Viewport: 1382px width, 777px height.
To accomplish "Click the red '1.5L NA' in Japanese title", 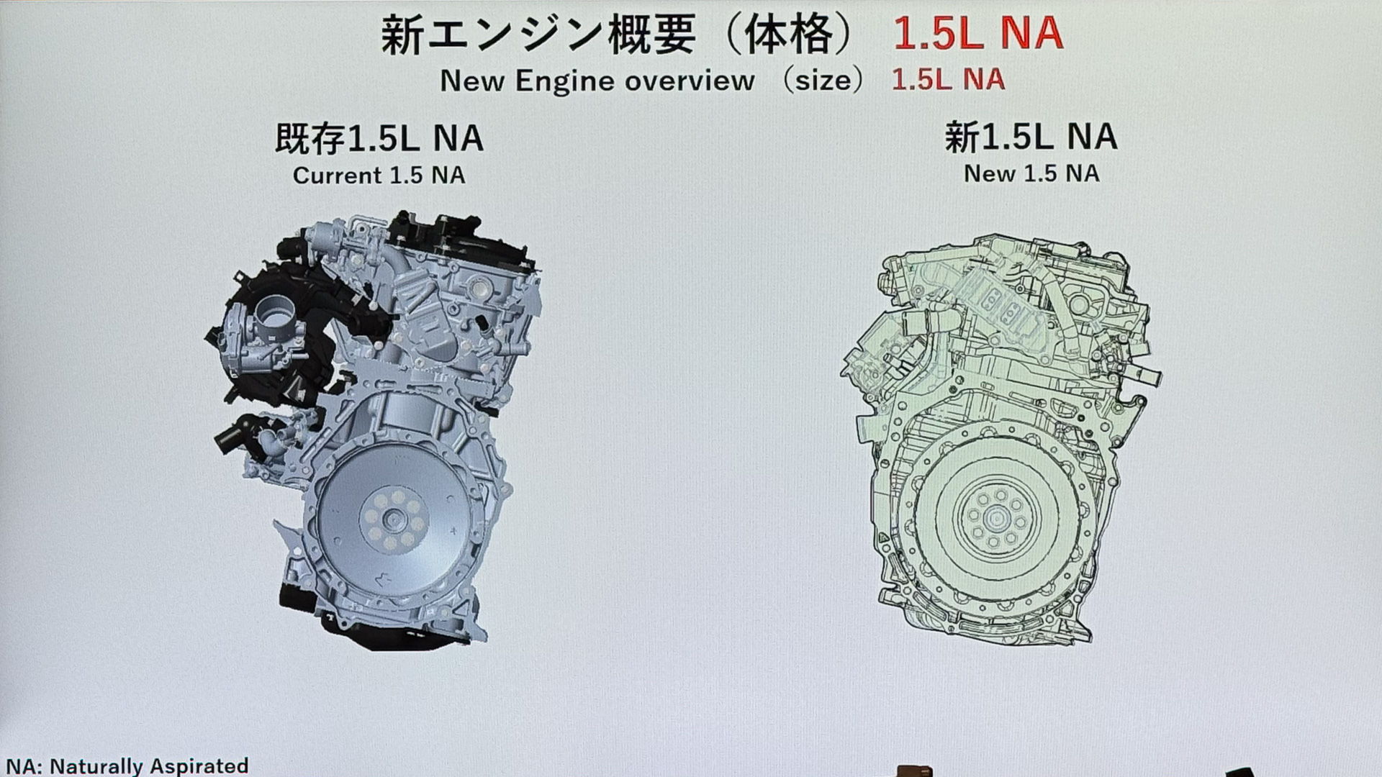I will pos(977,34).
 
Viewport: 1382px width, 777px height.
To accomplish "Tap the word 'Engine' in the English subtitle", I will pos(564,81).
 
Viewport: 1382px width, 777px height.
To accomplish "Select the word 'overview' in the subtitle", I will pos(690,81).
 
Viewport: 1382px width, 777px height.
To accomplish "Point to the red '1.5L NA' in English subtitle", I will pos(947,79).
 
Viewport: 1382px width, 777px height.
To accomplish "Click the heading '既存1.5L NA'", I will pos(379,138).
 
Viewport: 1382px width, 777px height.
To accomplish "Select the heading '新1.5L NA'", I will pos(1031,137).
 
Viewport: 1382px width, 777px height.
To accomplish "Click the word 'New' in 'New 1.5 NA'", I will pos(989,173).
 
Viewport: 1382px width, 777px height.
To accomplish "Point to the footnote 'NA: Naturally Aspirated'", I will pos(127,765).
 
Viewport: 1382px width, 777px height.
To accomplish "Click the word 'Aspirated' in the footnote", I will pos(199,765).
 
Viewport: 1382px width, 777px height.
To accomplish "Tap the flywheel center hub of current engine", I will pos(393,519).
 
